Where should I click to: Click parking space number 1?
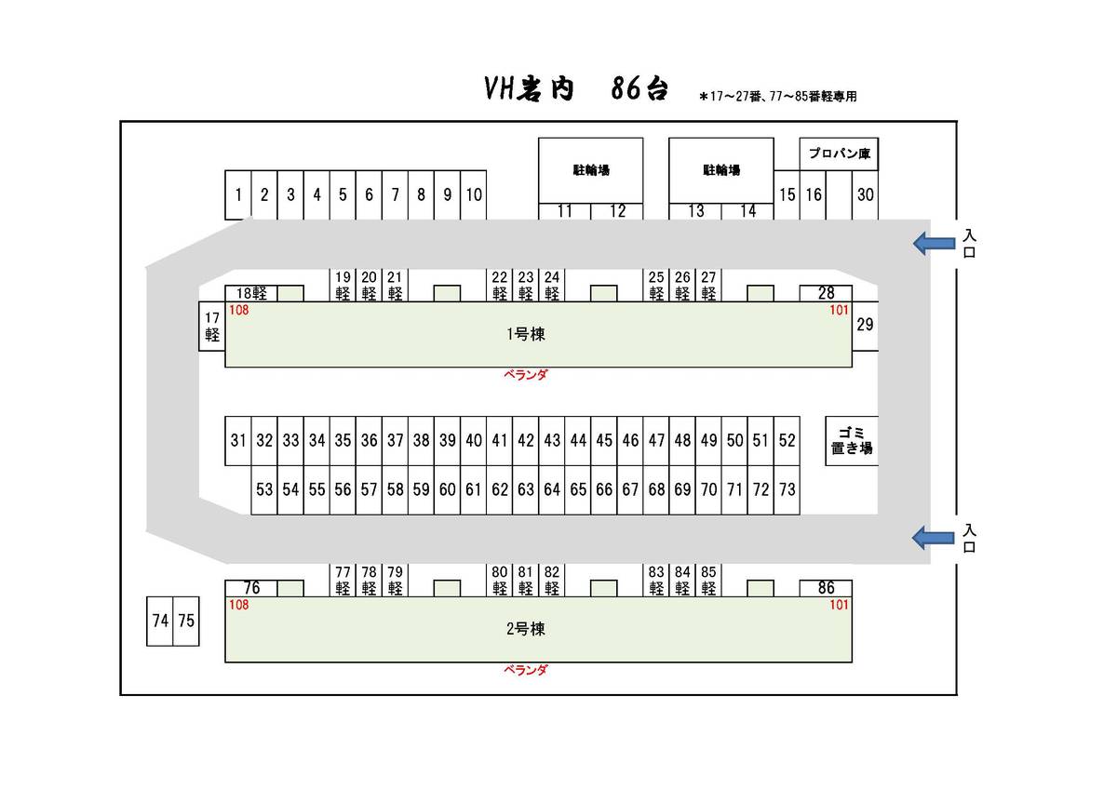pyautogui.click(x=238, y=195)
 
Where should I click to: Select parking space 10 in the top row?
pyautogui.click(x=474, y=195)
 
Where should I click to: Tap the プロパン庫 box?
pyautogui.click(x=839, y=154)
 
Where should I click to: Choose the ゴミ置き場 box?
pyautogui.click(x=852, y=441)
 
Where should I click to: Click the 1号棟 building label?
pyautogui.click(x=525, y=335)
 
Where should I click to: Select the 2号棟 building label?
pyautogui.click(x=525, y=629)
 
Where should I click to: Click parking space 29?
pyautogui.click(x=865, y=325)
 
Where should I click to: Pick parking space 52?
pyautogui.click(x=787, y=441)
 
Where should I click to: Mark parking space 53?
pyautogui.click(x=264, y=489)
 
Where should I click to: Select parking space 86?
pyautogui.click(x=826, y=588)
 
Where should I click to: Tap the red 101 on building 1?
pyautogui.click(x=839, y=311)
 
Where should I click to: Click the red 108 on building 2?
pyautogui.click(x=239, y=605)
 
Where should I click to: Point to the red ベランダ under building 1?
pyautogui.click(x=525, y=375)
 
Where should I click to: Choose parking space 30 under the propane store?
pyautogui.click(x=865, y=195)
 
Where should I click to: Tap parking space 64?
pyautogui.click(x=552, y=489)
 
